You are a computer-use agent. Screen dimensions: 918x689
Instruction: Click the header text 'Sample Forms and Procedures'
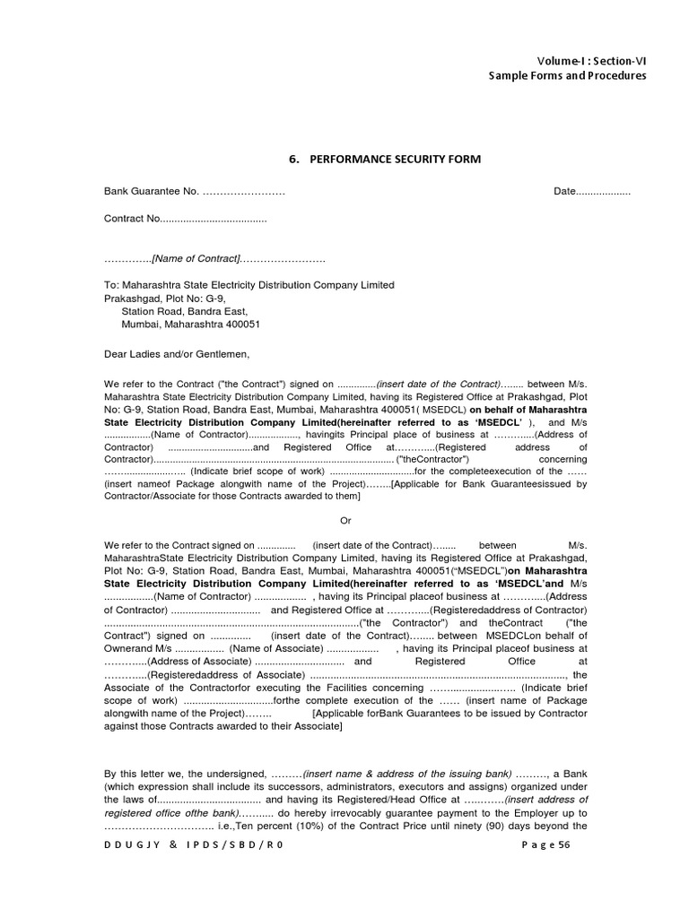(567, 75)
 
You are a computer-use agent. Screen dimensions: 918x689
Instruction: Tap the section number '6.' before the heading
(293, 159)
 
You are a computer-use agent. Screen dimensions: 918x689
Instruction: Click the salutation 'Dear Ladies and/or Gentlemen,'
(177, 353)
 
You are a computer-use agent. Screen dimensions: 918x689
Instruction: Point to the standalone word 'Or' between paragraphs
(347, 520)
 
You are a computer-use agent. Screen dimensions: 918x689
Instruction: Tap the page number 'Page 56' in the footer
(545, 844)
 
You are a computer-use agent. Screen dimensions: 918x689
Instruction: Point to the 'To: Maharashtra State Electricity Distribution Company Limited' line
(249, 285)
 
